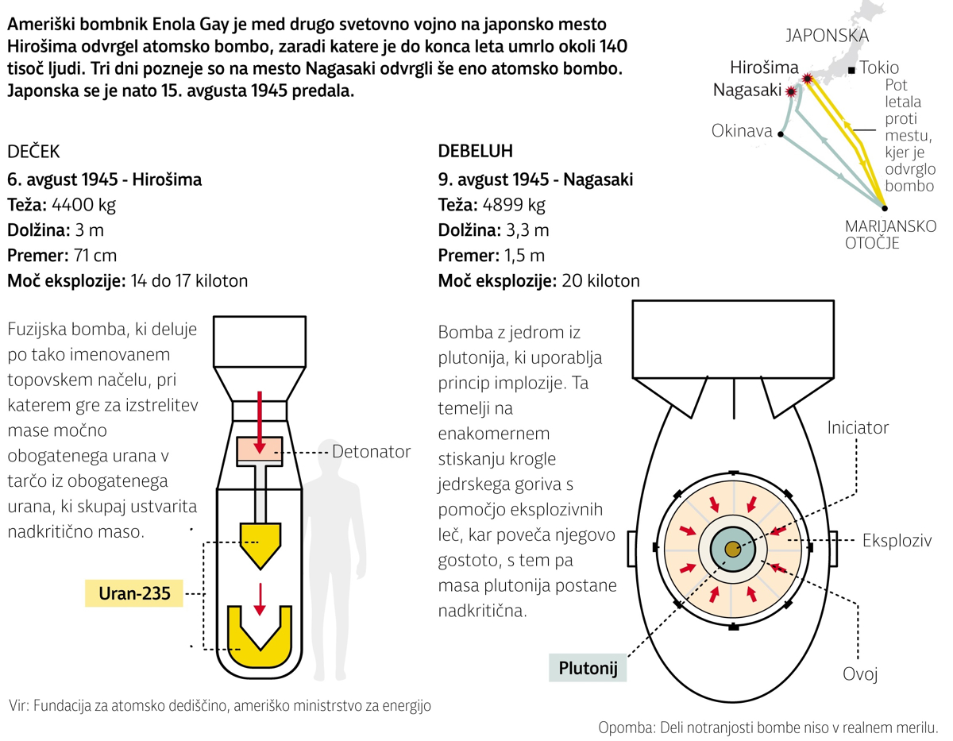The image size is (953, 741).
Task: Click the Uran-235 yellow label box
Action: point(133,593)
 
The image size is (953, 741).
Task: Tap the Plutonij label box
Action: point(588,667)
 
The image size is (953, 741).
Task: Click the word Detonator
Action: point(372,452)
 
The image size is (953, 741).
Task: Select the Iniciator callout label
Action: point(858,428)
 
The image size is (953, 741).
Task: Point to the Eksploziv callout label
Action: point(897,541)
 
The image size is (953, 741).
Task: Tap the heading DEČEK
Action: point(33,152)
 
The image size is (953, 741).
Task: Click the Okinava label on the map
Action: point(742,131)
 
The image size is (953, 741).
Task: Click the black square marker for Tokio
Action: point(851,70)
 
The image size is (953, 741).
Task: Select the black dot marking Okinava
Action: point(781,134)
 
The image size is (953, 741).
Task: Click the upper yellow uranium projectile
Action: point(259,544)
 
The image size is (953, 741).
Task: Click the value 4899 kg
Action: point(513,205)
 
